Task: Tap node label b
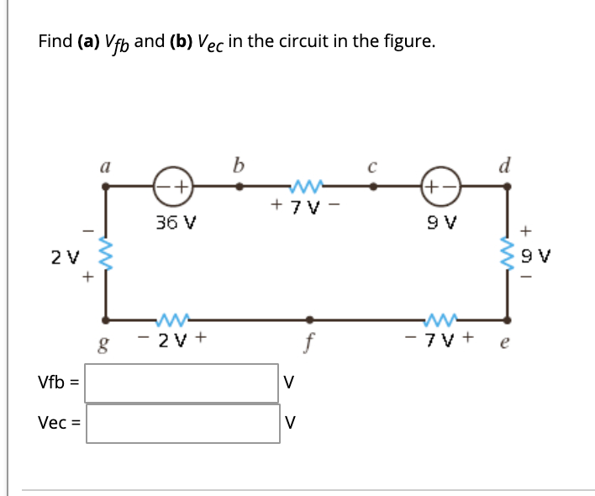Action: pyautogui.click(x=239, y=166)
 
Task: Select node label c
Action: pyautogui.click(x=374, y=168)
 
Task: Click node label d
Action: pyautogui.click(x=506, y=166)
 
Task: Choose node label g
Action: pyautogui.click(x=105, y=345)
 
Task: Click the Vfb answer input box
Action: pyautogui.click(x=182, y=383)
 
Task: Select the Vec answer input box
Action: pyautogui.click(x=182, y=423)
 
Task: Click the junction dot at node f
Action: pyautogui.click(x=310, y=319)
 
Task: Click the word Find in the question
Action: pyautogui.click(x=55, y=41)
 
